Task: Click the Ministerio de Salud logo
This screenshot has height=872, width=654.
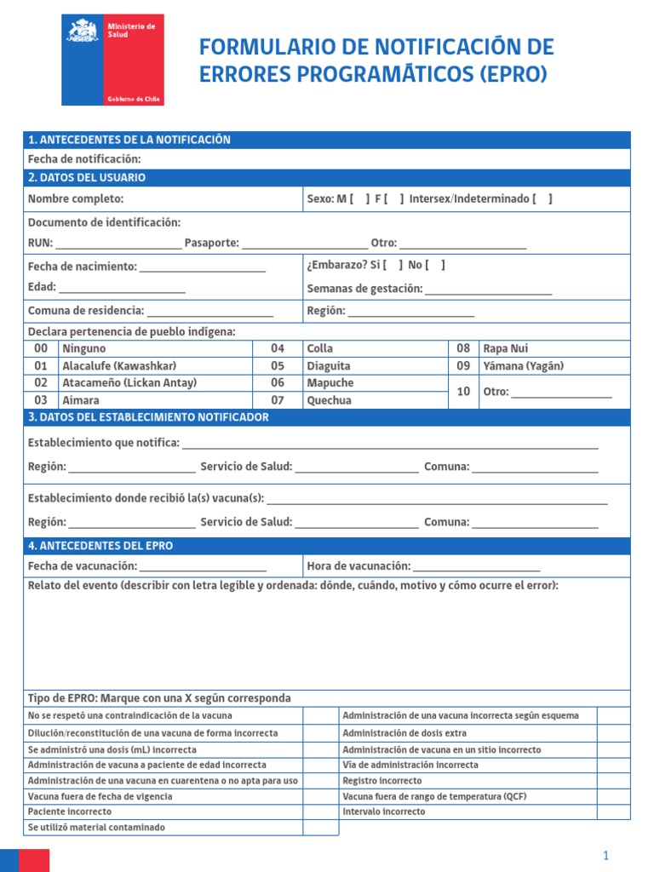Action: (x=112, y=60)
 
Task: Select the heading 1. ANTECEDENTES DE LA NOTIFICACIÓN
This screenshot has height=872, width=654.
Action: (x=129, y=140)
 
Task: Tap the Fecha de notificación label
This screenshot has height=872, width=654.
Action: (x=84, y=159)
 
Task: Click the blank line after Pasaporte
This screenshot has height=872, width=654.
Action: (x=305, y=244)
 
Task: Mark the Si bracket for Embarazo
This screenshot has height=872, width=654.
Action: (x=393, y=265)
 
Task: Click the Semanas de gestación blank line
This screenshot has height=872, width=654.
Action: (x=489, y=290)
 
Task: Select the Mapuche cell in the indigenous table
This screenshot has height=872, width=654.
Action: (x=330, y=383)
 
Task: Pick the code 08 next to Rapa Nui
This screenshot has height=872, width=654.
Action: (x=463, y=348)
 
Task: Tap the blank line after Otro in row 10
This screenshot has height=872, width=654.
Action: (x=561, y=393)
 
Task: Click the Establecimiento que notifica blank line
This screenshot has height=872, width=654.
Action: (x=390, y=444)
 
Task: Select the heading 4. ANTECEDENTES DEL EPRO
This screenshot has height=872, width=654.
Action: (x=100, y=546)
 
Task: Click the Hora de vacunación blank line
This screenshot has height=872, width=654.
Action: (x=476, y=567)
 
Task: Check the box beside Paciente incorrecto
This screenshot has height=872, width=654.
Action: (x=320, y=812)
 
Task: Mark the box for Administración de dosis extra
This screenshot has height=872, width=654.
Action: (x=613, y=733)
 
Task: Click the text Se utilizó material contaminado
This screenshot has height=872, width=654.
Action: (x=96, y=828)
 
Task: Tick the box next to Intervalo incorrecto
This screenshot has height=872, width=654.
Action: (x=613, y=812)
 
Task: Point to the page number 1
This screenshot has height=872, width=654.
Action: (x=605, y=856)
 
